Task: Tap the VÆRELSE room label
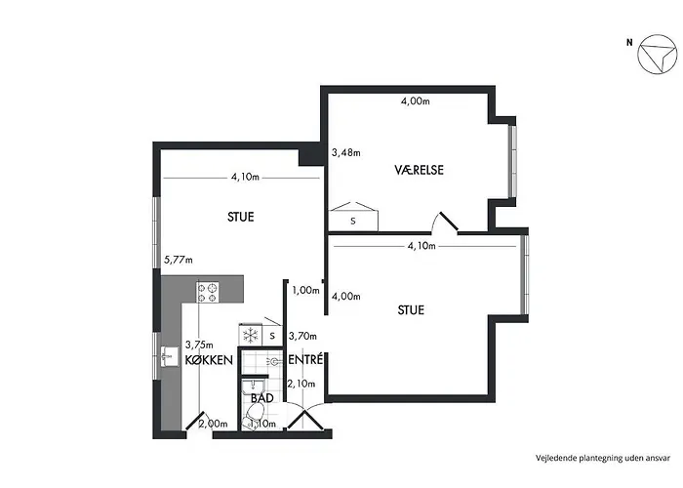(419, 169)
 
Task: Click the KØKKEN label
(209, 360)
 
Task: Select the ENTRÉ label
(305, 360)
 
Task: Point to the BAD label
(261, 399)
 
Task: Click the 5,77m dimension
(179, 260)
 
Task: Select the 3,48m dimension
(345, 152)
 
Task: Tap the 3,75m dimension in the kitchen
(198, 344)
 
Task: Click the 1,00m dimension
(305, 290)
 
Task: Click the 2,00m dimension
(213, 424)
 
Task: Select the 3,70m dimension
(303, 336)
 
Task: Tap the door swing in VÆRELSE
(446, 222)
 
